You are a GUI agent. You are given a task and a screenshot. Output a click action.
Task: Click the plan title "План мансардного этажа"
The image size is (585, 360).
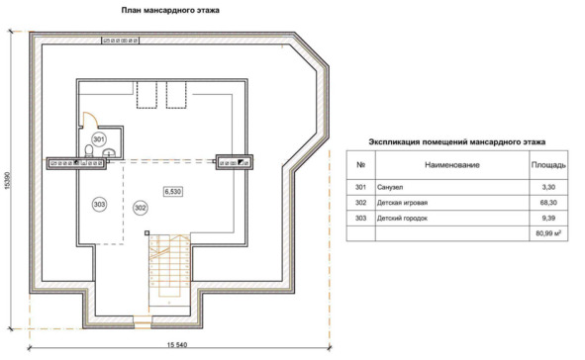click(170, 11)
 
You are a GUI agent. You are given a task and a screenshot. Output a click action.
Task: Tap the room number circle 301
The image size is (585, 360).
click(99, 139)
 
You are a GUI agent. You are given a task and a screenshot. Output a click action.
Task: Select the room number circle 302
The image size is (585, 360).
click(140, 208)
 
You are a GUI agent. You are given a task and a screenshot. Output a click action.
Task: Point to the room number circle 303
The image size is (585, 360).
click(99, 204)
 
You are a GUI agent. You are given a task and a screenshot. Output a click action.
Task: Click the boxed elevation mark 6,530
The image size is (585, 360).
click(173, 192)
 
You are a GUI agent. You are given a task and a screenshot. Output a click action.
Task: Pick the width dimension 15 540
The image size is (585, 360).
click(177, 344)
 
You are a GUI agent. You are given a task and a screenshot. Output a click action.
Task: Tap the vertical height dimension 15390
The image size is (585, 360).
click(8, 181)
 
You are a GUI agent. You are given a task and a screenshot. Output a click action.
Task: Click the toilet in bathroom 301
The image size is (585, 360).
click(89, 151)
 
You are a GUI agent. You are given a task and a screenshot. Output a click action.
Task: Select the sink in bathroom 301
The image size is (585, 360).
click(109, 152)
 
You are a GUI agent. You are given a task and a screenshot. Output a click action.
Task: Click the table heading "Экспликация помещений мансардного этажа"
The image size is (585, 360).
click(457, 142)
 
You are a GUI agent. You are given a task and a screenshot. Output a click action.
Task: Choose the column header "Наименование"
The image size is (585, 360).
click(451, 165)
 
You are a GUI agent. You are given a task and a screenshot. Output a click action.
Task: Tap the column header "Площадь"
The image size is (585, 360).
click(548, 165)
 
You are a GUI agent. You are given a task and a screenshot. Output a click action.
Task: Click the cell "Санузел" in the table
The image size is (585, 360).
click(390, 188)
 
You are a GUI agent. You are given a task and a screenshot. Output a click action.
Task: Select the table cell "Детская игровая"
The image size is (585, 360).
click(402, 203)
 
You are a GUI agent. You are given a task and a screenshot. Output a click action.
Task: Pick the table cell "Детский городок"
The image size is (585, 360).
click(402, 219)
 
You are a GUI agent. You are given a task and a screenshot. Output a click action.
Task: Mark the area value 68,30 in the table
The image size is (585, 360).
click(548, 203)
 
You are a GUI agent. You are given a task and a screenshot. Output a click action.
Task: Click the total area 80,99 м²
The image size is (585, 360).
click(548, 233)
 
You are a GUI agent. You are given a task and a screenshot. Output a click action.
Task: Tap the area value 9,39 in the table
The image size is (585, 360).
click(548, 219)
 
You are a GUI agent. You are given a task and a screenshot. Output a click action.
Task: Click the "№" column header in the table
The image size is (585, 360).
click(360, 165)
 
